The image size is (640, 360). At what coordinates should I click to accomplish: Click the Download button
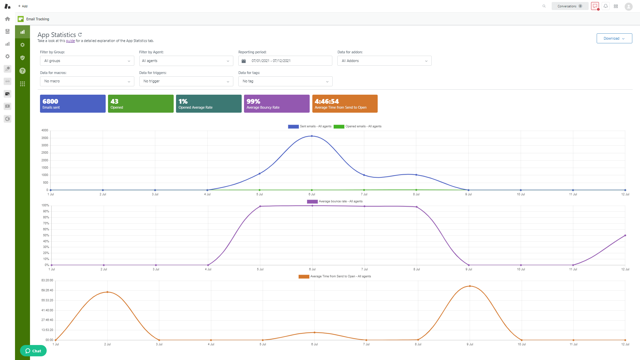click(x=614, y=38)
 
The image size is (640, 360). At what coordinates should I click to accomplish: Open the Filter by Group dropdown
click(x=87, y=61)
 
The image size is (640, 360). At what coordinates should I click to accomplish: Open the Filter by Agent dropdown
click(x=186, y=61)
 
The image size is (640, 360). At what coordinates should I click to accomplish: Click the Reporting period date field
click(x=285, y=61)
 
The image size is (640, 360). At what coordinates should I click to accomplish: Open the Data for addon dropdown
click(x=384, y=61)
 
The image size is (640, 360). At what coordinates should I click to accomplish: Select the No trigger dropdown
click(x=186, y=81)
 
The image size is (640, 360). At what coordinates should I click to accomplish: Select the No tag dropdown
click(x=285, y=81)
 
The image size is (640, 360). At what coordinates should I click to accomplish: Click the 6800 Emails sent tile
click(x=73, y=104)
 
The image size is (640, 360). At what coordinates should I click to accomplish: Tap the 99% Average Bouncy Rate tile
click(x=277, y=104)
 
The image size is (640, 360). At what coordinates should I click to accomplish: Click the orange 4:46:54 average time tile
click(x=345, y=104)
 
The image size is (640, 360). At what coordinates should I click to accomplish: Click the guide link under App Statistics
click(x=70, y=41)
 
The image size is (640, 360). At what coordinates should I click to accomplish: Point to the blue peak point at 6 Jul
click(x=312, y=136)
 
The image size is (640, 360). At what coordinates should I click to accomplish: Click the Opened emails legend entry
click(x=358, y=126)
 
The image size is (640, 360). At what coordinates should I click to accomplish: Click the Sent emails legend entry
click(x=310, y=126)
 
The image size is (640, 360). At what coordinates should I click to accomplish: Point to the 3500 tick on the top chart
click(x=45, y=138)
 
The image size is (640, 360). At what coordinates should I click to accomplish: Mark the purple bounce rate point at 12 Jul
click(x=625, y=235)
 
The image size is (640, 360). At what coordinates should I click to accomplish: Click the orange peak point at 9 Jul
click(x=470, y=286)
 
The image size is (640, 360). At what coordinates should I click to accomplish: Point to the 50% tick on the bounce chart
click(x=46, y=235)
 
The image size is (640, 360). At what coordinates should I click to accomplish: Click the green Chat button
click(x=33, y=351)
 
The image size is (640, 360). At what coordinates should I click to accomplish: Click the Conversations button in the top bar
click(x=569, y=6)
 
